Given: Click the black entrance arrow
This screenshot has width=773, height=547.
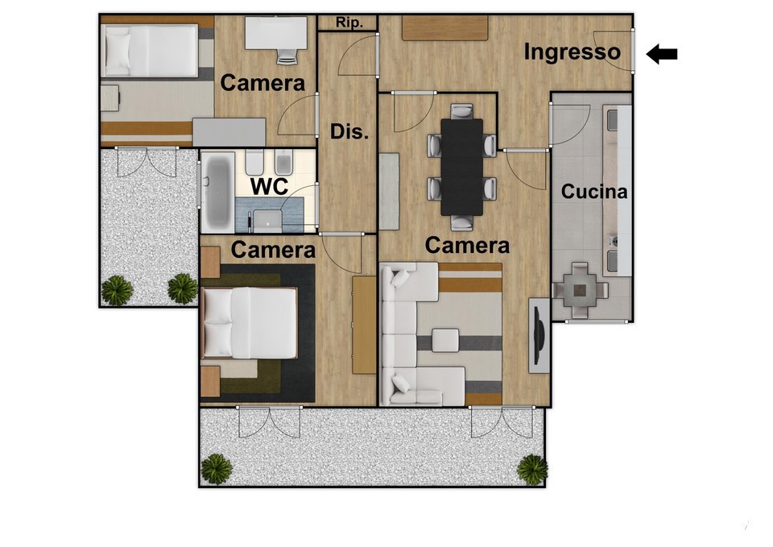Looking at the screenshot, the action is [x=662, y=54].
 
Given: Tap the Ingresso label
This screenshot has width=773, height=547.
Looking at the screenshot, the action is [x=572, y=52].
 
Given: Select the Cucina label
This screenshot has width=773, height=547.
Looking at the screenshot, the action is [x=594, y=192].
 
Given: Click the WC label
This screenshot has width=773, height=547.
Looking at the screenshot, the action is [x=269, y=187].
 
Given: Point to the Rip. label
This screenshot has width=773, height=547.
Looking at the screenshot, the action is [x=349, y=23].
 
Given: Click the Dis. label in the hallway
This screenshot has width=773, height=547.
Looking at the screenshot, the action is [x=349, y=131].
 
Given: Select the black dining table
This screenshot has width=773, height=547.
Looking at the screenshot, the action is [x=462, y=167].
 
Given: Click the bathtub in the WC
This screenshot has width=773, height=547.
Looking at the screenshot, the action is [x=218, y=191].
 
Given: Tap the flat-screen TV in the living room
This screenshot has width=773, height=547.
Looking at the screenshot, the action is [x=539, y=335].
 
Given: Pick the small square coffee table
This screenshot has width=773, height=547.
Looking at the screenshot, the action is [x=445, y=340].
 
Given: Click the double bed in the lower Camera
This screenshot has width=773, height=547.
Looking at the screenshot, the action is [x=250, y=322].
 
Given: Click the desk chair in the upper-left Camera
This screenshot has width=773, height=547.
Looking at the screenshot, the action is [x=287, y=56].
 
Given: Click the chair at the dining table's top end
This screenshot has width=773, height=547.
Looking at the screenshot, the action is [x=462, y=111].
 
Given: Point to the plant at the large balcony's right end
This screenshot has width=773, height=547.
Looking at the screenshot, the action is [x=532, y=469].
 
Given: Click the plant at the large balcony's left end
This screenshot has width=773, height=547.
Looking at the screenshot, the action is [x=217, y=469].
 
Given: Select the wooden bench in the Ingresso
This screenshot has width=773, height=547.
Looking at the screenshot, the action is [x=444, y=27].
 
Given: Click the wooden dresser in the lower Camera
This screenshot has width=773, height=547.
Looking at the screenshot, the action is [x=364, y=325].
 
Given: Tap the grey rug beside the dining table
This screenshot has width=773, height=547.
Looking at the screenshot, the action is [x=389, y=192].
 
